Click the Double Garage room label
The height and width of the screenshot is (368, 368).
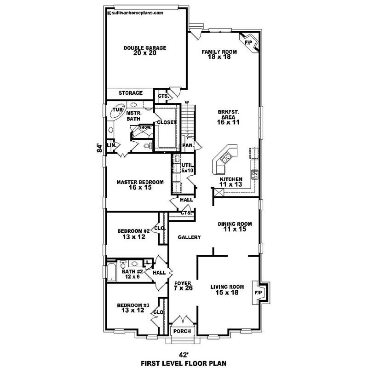coord(145,50)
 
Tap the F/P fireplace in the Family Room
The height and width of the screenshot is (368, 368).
coord(249,42)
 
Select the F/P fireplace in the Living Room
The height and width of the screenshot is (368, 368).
coord(258,293)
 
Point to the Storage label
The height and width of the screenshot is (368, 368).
coord(131,93)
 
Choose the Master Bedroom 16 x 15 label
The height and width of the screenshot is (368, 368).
coord(140,185)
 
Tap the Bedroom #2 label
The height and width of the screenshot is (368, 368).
coord(133,234)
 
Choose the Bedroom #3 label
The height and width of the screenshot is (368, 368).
coord(133,307)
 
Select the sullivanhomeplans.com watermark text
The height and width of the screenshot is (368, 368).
coord(135,13)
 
